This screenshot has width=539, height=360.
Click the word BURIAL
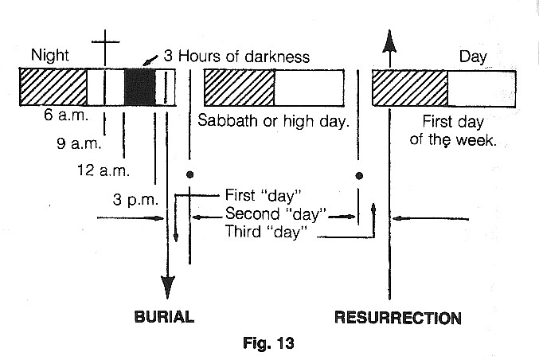(162, 317)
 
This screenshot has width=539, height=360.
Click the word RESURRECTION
(397, 318)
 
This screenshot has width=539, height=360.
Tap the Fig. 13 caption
(268, 345)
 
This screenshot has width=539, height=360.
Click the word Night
(50, 56)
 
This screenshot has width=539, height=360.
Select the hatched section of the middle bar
(239, 86)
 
